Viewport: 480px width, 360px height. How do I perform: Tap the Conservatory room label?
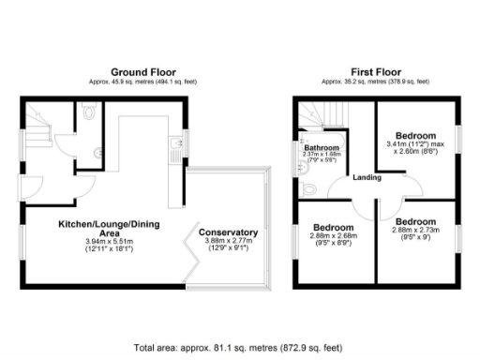(x=228, y=232)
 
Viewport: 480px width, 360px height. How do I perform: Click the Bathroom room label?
(x=321, y=148)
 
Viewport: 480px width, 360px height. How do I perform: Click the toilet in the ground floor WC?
(x=90, y=112)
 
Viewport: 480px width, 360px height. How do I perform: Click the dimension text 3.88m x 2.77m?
(x=228, y=242)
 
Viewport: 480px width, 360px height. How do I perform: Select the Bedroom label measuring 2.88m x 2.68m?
(x=333, y=228)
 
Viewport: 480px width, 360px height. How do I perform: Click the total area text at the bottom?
(x=240, y=347)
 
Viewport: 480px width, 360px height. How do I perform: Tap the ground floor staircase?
(x=37, y=123)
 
